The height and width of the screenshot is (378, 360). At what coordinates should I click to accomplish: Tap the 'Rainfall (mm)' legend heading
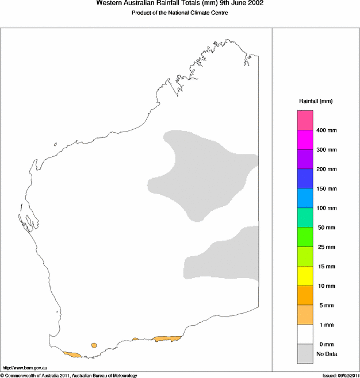pos(315,101)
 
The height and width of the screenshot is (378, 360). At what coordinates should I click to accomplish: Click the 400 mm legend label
pos(327,130)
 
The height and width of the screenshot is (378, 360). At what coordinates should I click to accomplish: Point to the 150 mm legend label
pos(327,188)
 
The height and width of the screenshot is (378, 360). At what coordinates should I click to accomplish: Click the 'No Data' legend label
pos(327,354)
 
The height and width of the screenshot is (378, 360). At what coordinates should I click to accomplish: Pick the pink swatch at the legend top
pos(305,121)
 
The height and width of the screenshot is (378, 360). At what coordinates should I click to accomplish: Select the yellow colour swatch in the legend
pos(305,276)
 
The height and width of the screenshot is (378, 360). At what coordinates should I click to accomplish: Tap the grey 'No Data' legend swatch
pos(305,354)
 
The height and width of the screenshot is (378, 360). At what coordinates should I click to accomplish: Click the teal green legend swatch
pos(305,217)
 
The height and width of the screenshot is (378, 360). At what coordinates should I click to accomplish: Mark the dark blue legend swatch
pos(305,179)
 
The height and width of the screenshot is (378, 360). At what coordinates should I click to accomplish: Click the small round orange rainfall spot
pos(94,345)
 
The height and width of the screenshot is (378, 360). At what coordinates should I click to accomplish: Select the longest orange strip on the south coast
pos(167,339)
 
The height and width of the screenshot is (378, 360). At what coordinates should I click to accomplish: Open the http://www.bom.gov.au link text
pos(24,367)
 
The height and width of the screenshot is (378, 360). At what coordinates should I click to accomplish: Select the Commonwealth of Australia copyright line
pos(69,375)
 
